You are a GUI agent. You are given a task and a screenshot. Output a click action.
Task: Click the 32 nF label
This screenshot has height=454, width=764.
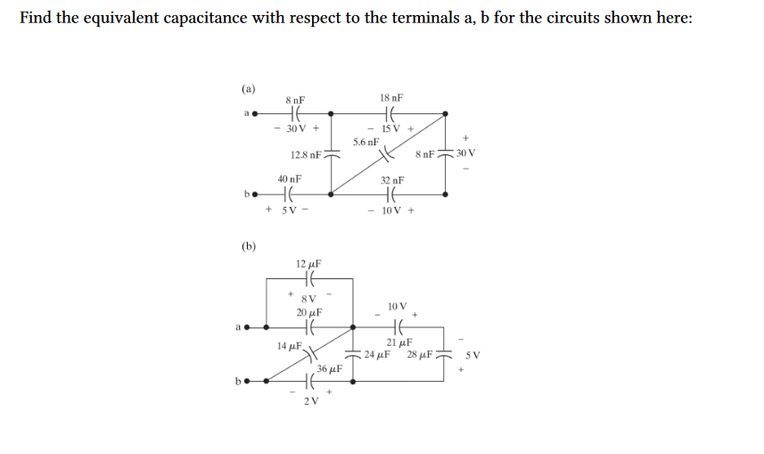click(391, 180)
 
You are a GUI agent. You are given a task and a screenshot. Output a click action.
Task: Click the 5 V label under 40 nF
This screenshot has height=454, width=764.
click(288, 210)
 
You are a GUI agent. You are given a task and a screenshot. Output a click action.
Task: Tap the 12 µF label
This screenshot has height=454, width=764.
click(308, 264)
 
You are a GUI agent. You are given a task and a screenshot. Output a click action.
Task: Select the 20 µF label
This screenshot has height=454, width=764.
click(308, 312)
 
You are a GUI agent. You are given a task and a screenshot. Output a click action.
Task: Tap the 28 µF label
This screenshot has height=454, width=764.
click(420, 355)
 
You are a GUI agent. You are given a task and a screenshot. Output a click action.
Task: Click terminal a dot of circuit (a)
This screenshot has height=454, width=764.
click(256, 114)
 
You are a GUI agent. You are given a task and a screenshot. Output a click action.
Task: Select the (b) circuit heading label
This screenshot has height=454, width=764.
click(249, 245)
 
